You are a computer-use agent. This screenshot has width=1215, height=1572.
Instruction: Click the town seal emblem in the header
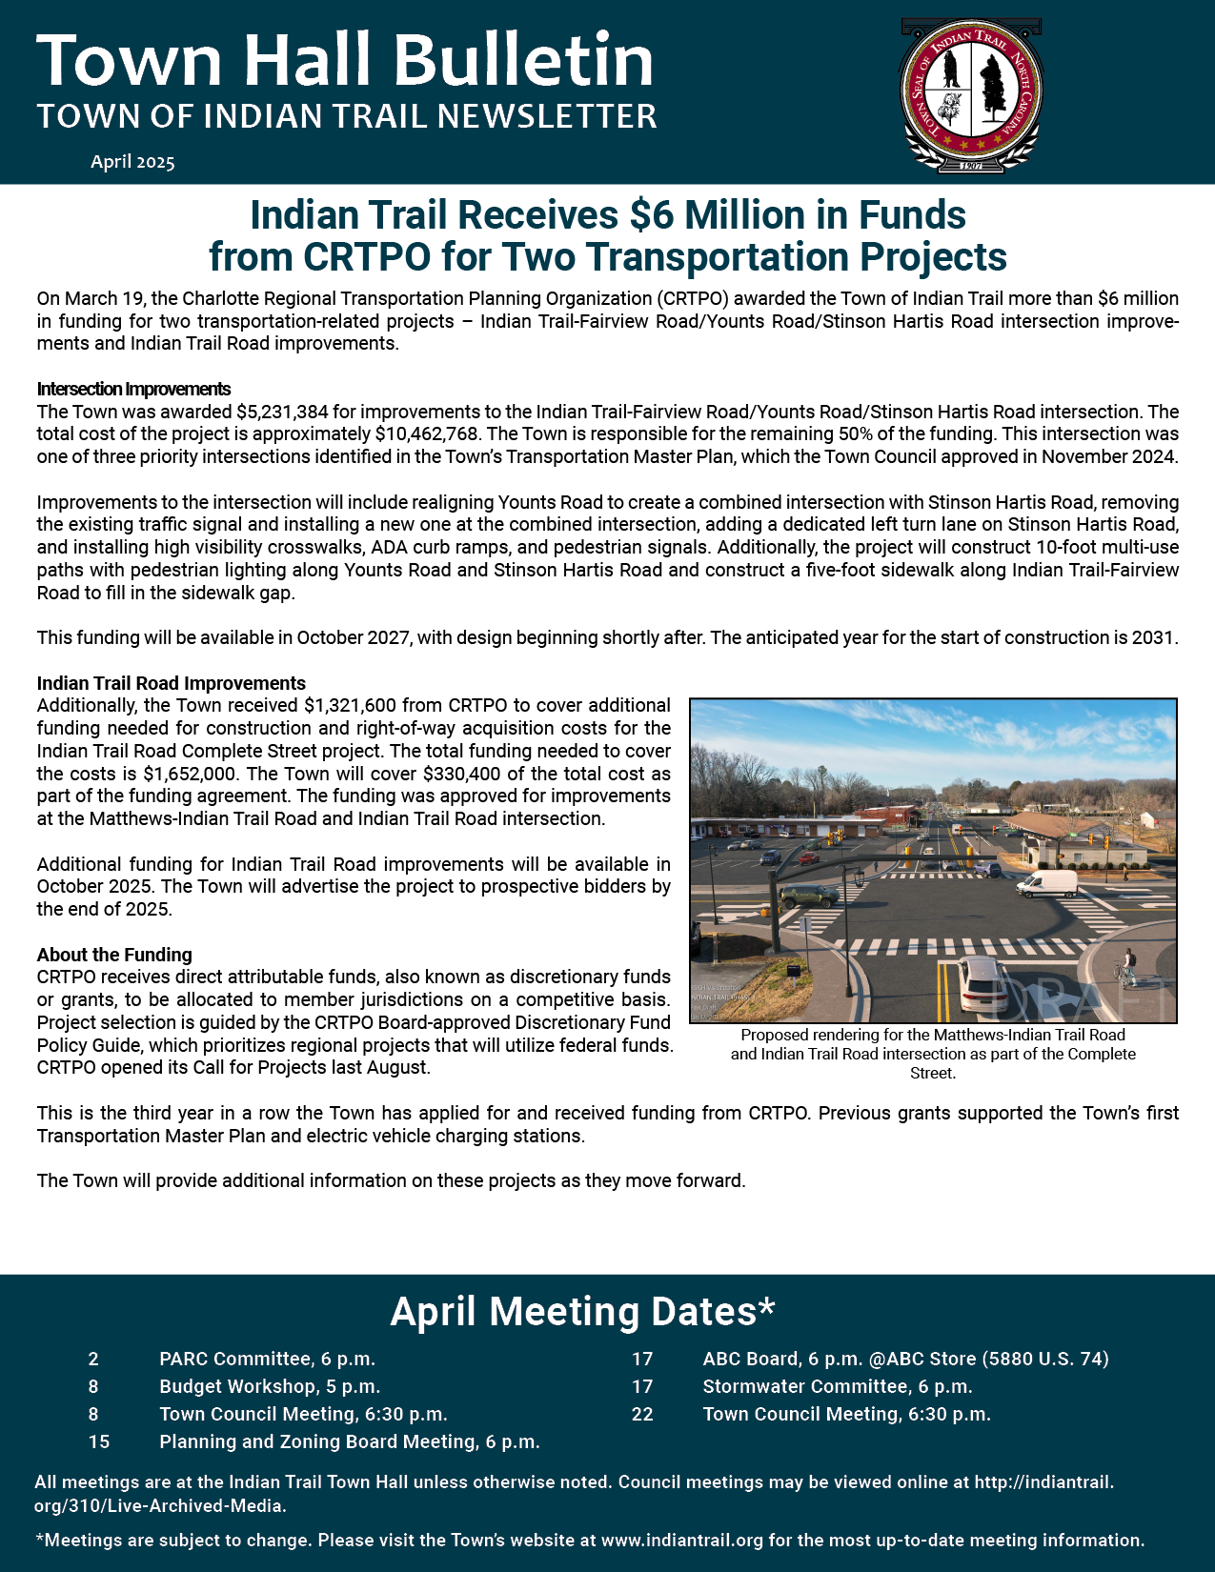(x=971, y=95)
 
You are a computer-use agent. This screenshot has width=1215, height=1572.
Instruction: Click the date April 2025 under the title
(x=132, y=162)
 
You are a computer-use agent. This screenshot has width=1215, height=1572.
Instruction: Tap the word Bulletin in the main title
(x=523, y=60)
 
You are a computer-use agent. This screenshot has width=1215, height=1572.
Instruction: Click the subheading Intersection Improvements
(x=133, y=389)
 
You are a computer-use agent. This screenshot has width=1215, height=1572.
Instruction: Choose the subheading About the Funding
(x=114, y=955)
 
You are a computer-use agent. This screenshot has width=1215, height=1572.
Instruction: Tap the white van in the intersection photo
(x=1047, y=883)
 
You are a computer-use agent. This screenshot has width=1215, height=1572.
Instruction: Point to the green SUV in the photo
(x=809, y=896)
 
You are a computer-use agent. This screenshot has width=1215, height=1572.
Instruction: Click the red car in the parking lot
(x=808, y=858)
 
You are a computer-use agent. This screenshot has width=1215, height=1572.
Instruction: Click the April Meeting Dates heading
(x=582, y=1312)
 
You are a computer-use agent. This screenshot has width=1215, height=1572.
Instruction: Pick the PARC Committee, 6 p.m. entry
(x=267, y=1359)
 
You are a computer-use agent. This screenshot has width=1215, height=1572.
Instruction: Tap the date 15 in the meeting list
(x=99, y=1441)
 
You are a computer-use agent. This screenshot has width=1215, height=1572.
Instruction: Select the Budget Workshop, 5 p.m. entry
(x=270, y=1386)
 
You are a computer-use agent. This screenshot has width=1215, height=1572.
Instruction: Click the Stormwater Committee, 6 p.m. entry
(x=837, y=1386)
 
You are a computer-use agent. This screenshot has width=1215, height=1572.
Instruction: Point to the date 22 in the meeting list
(x=642, y=1414)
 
